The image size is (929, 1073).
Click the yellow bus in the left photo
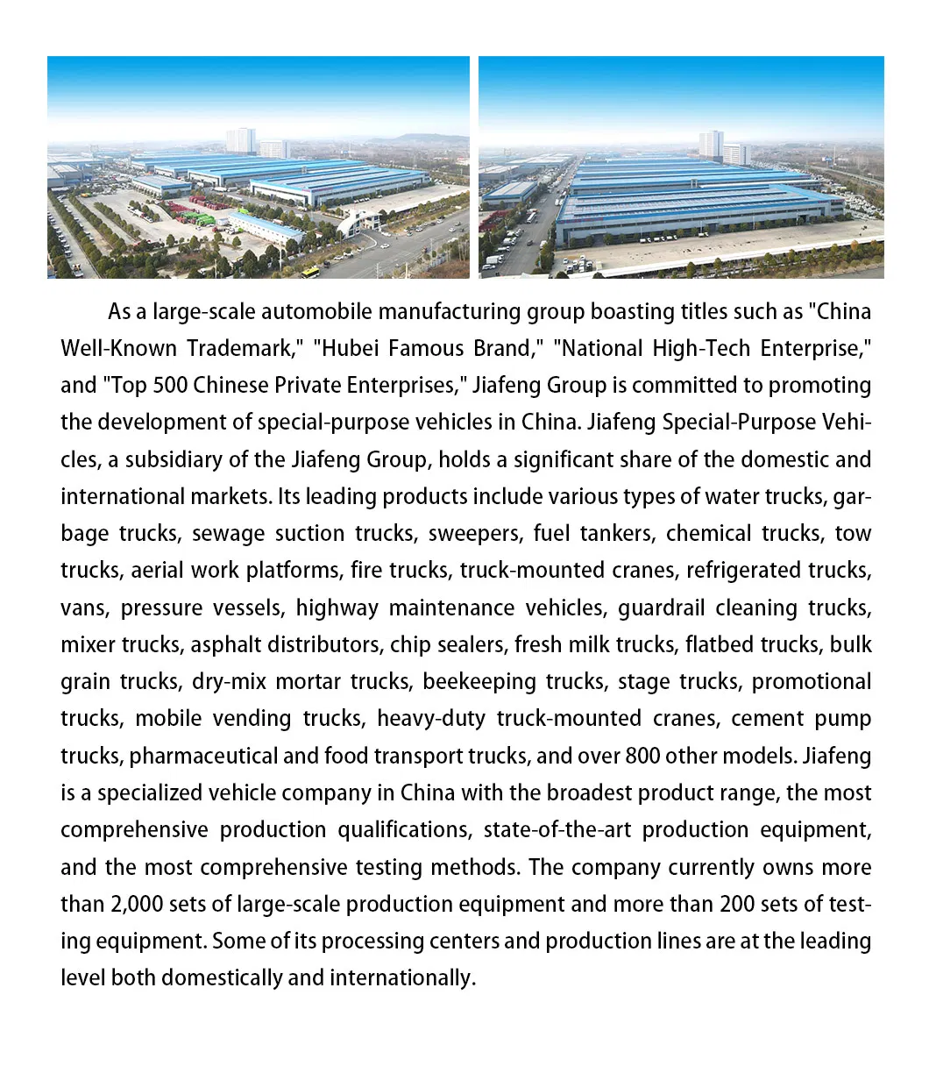311,272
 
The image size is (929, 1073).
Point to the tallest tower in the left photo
240,140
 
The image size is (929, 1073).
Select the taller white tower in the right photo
710,145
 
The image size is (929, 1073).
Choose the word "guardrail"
664,608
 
